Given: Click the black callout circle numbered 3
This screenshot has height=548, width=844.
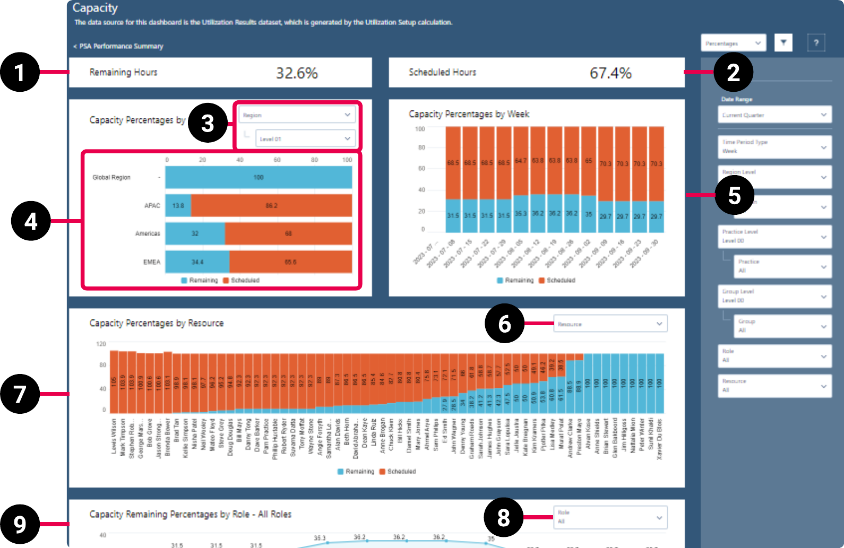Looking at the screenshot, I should point(208,123).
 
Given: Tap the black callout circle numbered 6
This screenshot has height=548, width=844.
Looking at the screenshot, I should point(504,324).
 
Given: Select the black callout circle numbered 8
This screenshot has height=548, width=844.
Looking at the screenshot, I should point(503,517).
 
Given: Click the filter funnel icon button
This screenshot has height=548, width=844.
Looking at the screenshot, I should point(783,42).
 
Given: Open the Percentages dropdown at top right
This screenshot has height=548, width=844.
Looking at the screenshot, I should point(733,43).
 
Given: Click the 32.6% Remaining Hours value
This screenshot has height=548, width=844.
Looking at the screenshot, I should point(297,73).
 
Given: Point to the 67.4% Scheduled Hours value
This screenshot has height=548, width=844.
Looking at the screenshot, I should point(610,73).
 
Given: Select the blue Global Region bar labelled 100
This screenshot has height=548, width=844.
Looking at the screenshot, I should point(259,177).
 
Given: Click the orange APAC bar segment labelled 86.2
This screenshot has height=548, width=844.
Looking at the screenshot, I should point(271,205).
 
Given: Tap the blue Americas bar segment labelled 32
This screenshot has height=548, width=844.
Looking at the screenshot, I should point(195,233).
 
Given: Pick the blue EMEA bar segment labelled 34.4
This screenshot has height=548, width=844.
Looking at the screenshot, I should point(197,262).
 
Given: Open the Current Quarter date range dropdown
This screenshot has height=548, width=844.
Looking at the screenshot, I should point(774,115).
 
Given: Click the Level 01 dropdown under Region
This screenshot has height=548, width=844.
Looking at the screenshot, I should point(304,139).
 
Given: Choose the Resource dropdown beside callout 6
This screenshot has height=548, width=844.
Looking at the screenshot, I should point(610,324).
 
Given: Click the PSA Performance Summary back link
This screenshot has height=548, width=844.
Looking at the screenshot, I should point(118,46).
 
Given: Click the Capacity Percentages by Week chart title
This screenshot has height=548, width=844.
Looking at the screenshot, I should point(469,114).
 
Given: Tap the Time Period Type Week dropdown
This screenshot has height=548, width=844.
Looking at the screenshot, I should point(774,146).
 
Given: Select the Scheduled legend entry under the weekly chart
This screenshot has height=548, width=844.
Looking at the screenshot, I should point(557,280).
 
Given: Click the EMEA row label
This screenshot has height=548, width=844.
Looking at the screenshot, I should point(151,262).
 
